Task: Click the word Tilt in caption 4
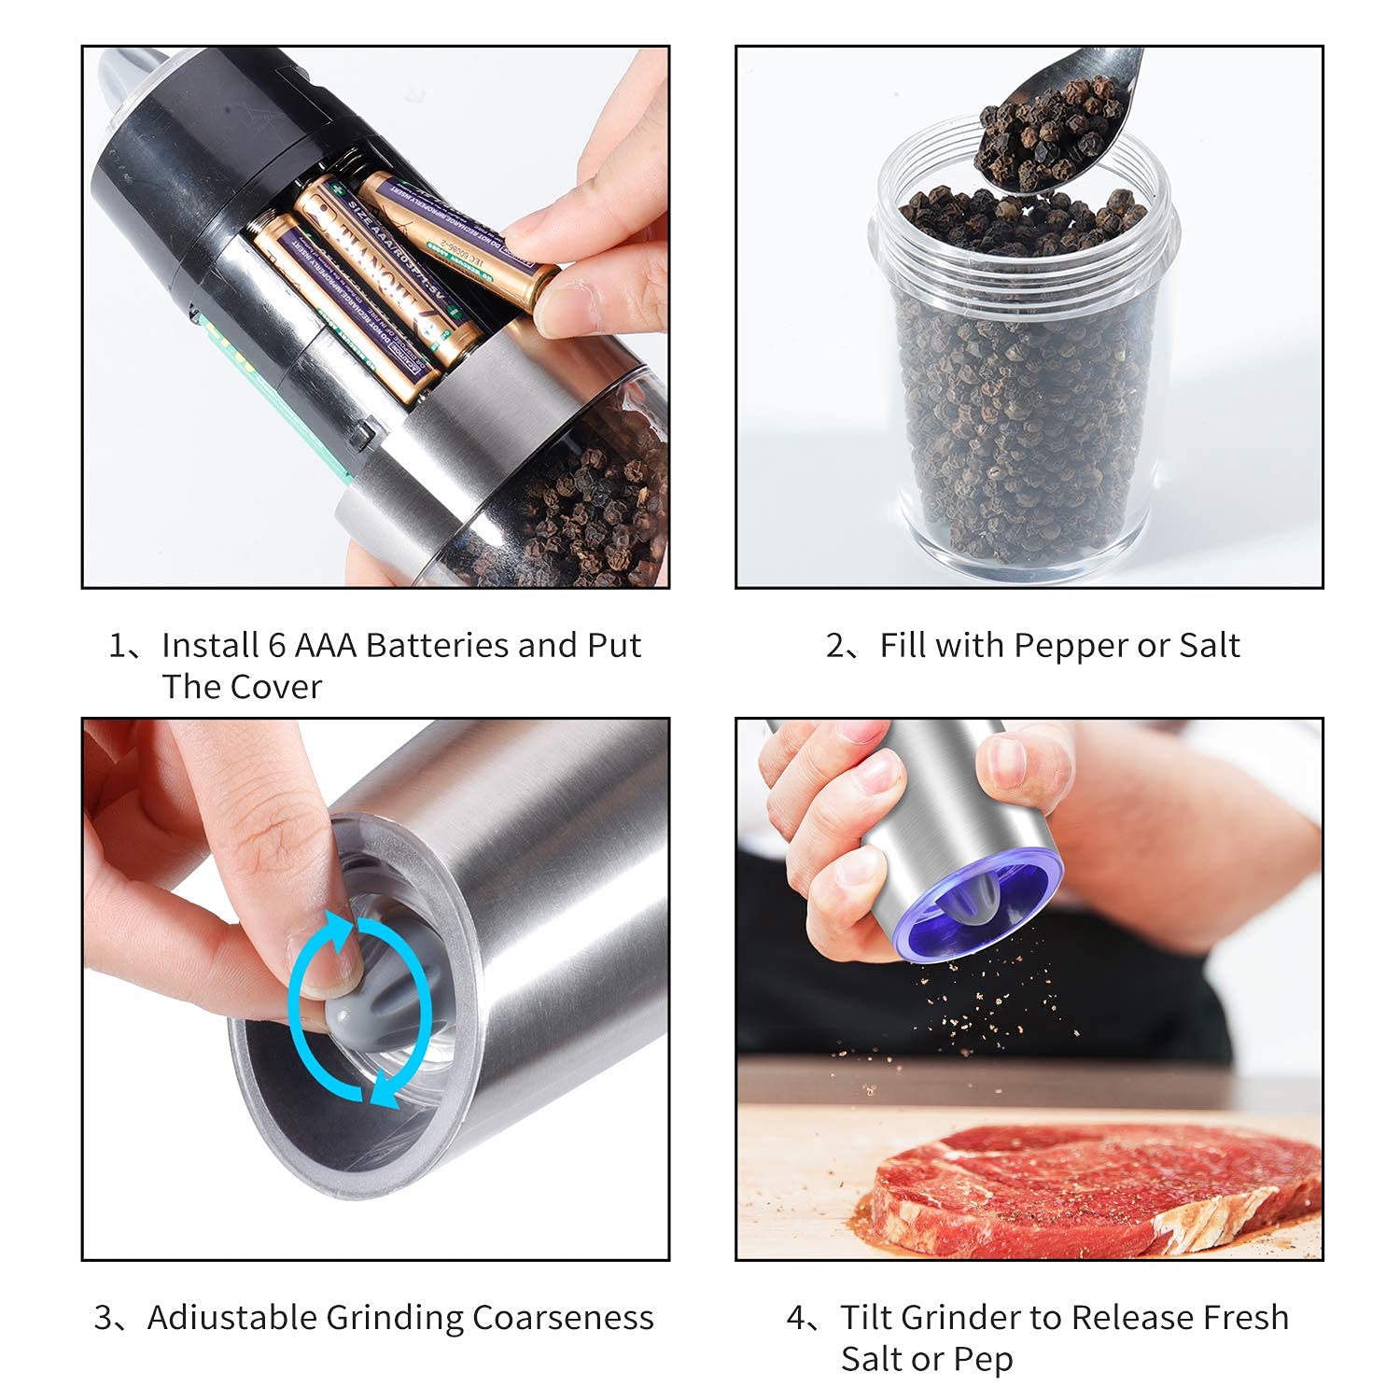click(x=865, y=1317)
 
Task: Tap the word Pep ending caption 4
click(x=982, y=1360)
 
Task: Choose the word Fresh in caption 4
click(x=1246, y=1317)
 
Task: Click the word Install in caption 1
click(x=211, y=645)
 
